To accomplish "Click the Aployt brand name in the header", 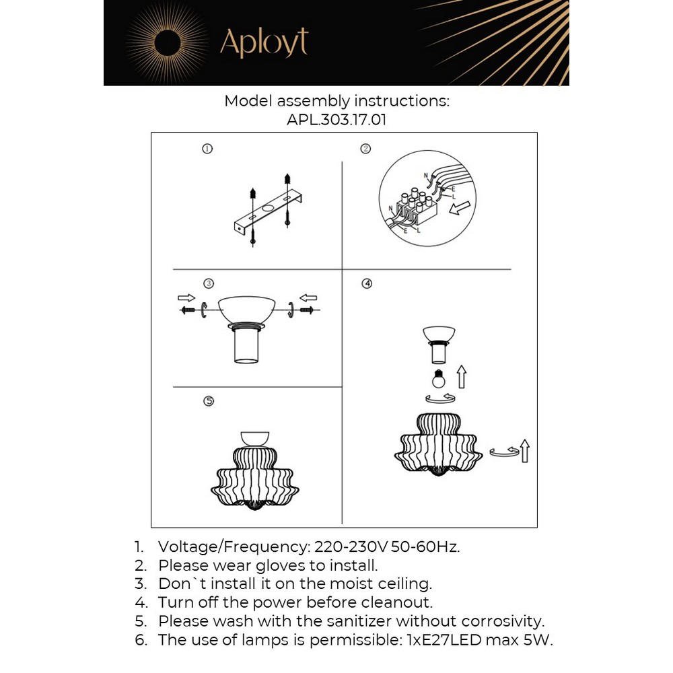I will click(x=264, y=43).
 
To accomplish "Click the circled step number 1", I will click(x=207, y=149).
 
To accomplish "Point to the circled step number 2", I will click(x=365, y=149).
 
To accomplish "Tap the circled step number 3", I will click(x=209, y=283).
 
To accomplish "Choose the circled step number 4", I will click(x=367, y=283).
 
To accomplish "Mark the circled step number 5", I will click(x=209, y=401).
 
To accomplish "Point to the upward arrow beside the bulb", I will click(x=462, y=377).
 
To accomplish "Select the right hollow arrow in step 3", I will click(x=308, y=297).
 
